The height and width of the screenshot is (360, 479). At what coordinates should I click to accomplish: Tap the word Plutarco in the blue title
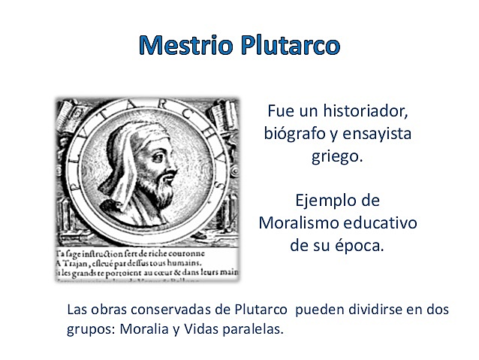[288, 45]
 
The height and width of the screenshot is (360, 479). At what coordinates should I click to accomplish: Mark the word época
[359, 246]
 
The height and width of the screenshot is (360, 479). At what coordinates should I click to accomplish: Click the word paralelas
[255, 328]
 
